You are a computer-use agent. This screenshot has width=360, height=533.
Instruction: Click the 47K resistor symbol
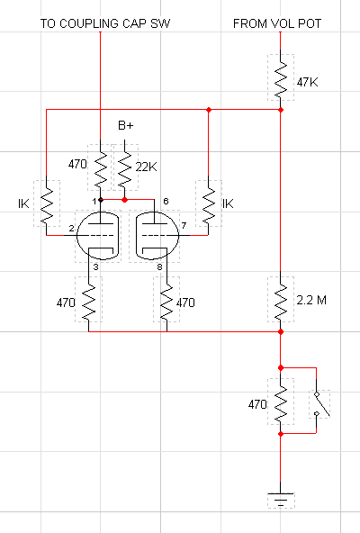point(281,77)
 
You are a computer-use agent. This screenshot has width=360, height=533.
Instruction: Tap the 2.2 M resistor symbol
point(281,300)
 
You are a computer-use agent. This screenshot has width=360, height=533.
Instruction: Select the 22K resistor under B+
point(124,167)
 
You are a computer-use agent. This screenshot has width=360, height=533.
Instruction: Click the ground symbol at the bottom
point(281,500)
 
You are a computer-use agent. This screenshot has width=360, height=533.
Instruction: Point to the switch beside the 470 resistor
point(319,404)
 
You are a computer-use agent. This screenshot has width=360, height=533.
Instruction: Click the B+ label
point(126,125)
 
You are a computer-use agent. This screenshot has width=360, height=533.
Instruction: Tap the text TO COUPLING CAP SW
point(105,23)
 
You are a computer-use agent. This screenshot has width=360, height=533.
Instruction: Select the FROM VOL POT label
point(277,23)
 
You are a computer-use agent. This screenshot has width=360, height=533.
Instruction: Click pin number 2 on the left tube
point(71,228)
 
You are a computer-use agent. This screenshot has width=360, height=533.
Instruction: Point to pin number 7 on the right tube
point(184,225)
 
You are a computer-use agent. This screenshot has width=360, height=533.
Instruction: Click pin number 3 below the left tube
point(96,267)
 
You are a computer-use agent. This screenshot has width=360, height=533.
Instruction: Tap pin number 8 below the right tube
point(159,267)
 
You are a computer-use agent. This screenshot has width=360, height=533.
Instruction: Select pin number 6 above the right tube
point(166,202)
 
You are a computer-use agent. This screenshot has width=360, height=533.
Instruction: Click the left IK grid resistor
point(46,203)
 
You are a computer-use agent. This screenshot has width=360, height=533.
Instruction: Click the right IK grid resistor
point(209,203)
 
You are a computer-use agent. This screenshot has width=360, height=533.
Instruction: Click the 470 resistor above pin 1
point(100,167)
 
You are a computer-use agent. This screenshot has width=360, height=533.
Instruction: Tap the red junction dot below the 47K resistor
point(281,110)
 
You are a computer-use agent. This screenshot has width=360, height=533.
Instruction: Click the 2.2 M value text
point(311,300)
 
